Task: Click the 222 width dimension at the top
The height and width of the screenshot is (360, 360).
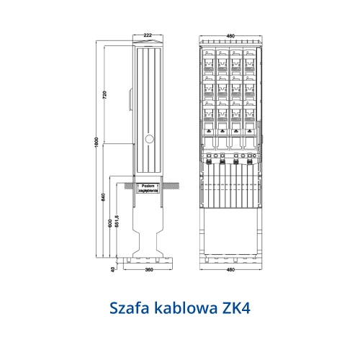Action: point(148,35)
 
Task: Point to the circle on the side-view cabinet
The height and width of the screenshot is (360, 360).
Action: point(149,138)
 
